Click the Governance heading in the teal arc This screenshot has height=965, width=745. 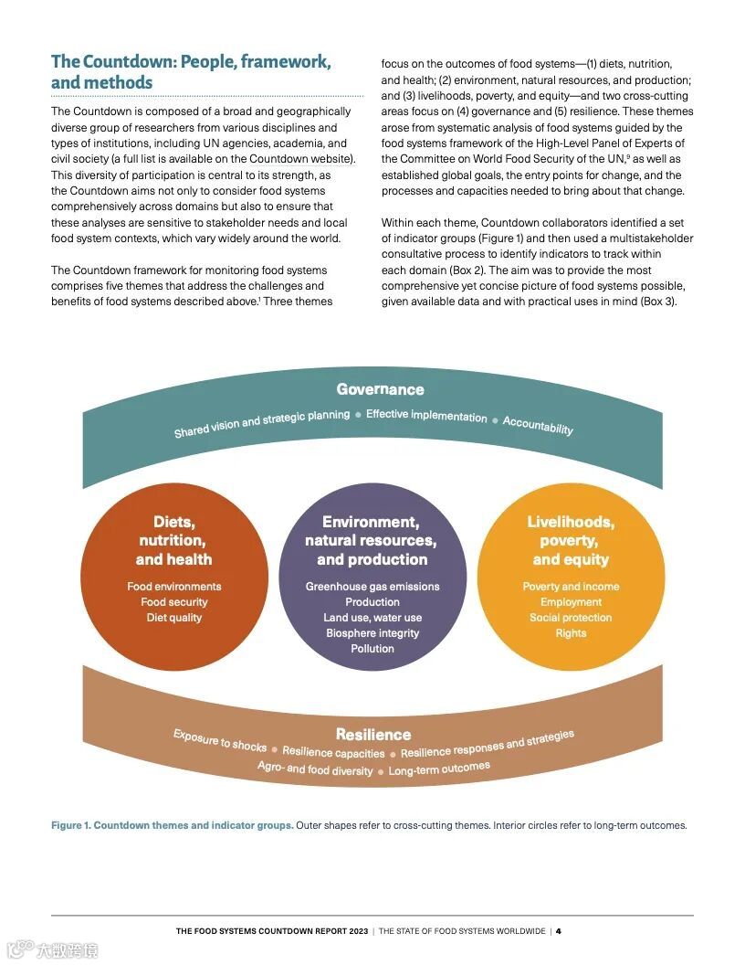[380, 389]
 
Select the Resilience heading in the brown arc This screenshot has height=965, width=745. [372, 734]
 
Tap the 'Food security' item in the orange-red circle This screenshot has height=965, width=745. [173, 602]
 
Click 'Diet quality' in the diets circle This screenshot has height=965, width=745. [173, 618]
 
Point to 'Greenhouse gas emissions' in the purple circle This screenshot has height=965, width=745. [372, 587]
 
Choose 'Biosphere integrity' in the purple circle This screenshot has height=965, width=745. [372, 633]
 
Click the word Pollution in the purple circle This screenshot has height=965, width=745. [372, 649]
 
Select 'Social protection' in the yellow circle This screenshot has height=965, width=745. [571, 618]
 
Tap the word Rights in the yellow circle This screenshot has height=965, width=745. [571, 633]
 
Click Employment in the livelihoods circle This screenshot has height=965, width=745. [571, 602]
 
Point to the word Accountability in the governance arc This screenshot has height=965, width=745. [538, 425]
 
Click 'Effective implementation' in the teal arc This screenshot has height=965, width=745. [426, 416]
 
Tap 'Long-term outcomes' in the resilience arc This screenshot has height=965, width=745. [439, 769]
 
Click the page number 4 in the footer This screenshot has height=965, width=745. [559, 931]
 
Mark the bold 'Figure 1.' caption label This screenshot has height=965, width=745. [69, 825]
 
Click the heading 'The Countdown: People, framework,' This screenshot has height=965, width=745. [191, 62]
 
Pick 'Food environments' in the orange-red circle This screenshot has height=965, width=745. [173, 587]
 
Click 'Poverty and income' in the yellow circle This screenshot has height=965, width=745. [571, 587]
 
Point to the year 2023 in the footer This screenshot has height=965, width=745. [357, 931]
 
